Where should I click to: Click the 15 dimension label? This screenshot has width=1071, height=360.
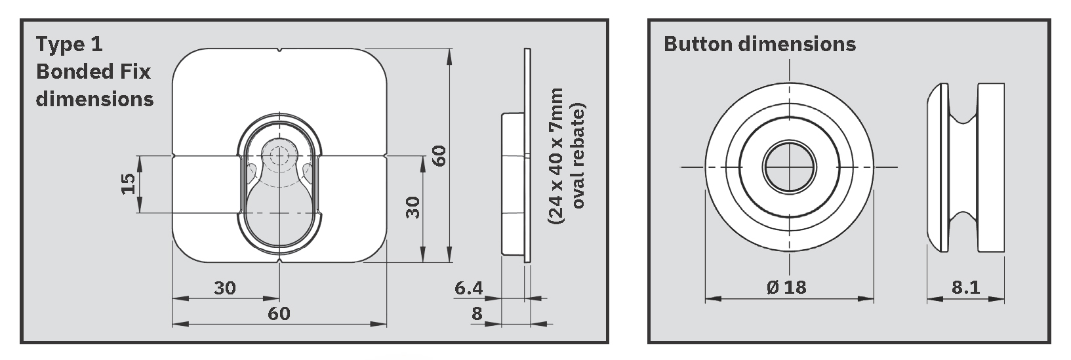click(x=128, y=184)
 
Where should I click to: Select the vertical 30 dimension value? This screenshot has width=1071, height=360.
click(x=413, y=207)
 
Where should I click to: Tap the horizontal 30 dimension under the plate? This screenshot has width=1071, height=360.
click(x=225, y=288)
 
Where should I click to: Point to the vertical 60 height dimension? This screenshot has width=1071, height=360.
click(x=439, y=155)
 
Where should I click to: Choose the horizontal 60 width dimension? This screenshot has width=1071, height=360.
click(x=279, y=313)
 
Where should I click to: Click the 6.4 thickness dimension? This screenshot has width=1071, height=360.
click(x=468, y=288)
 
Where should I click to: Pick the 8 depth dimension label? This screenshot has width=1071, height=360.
click(x=477, y=313)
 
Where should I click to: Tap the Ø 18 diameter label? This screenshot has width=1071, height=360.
click(x=786, y=287)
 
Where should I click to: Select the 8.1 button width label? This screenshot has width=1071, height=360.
click(x=966, y=287)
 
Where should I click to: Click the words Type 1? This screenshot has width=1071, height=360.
click(x=70, y=44)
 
